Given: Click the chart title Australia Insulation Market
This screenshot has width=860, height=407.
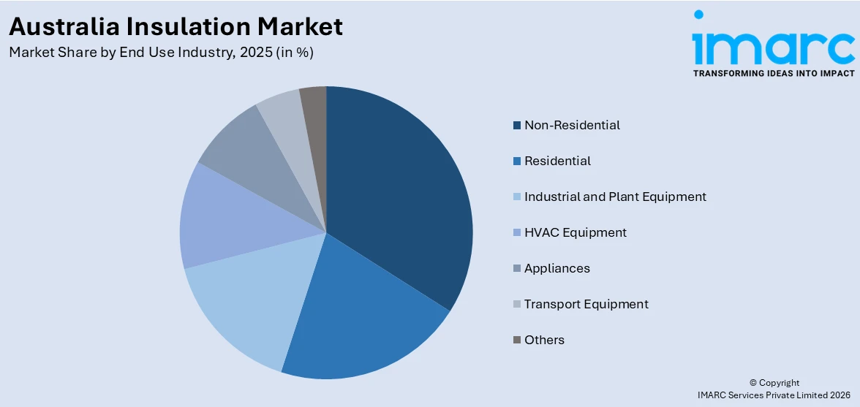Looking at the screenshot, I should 176,26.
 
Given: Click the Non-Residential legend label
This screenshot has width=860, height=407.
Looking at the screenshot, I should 572,125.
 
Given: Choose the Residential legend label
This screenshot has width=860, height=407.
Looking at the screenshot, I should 557,161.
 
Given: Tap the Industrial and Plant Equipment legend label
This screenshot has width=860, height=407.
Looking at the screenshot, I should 615,197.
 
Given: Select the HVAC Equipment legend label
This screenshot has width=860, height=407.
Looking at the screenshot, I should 575,232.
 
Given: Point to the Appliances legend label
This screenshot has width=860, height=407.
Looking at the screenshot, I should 557,268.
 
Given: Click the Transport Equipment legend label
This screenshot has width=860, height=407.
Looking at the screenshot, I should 586,304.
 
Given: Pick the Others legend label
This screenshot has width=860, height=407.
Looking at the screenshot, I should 544,340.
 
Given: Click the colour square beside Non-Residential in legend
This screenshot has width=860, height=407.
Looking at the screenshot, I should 517,126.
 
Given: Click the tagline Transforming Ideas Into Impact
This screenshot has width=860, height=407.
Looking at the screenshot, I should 773,73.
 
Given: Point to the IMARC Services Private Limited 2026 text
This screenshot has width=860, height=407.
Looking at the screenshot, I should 774,395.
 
